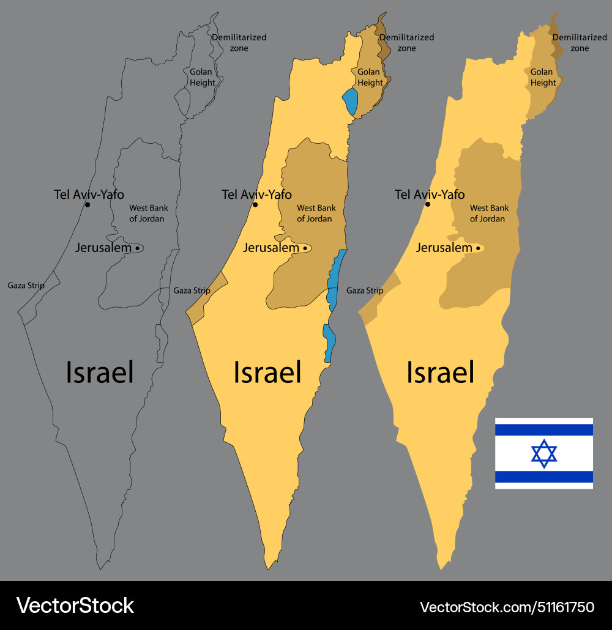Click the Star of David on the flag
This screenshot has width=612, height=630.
click(544, 454)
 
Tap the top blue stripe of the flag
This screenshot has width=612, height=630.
click(544, 429)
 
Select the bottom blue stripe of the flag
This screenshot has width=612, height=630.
click(544, 477)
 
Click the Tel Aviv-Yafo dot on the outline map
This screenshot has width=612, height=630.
click(88, 204)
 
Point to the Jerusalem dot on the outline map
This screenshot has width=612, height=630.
click(137, 248)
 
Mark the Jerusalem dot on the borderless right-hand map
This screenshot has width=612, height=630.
click(478, 248)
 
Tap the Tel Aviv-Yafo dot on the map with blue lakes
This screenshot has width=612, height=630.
click(255, 204)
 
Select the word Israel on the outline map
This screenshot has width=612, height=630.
click(100, 372)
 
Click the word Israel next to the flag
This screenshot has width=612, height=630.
click(441, 372)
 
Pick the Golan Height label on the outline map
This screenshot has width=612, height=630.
click(201, 77)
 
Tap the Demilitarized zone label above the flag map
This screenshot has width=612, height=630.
click(579, 42)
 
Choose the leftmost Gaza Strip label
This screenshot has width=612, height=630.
click(26, 285)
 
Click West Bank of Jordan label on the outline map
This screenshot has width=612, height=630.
click(148, 213)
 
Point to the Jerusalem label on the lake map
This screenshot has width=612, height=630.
click(271, 248)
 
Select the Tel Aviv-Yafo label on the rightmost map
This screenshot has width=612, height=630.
click(430, 195)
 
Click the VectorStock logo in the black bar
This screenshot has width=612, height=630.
click(75, 606)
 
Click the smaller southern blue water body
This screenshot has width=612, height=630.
click(329, 343)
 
